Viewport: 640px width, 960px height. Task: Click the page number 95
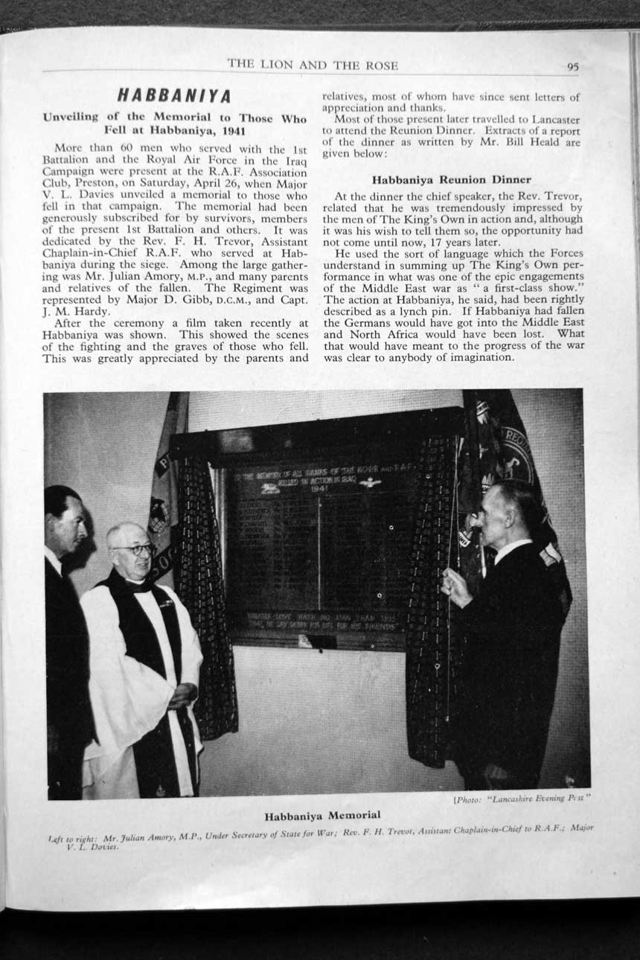tap(572, 66)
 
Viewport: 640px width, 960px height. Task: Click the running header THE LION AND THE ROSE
tap(313, 65)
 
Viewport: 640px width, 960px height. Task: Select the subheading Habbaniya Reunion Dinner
tap(452, 179)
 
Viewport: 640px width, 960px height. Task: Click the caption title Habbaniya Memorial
tap(322, 816)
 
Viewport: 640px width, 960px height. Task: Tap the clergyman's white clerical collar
tap(138, 580)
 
